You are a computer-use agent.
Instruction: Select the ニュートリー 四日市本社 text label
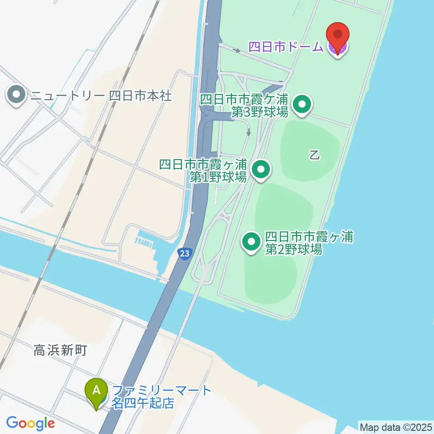tap(101, 96)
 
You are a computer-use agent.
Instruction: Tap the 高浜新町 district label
tap(60, 350)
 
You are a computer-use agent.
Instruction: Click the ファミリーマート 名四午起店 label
tap(161, 396)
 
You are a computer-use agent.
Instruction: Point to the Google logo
tap(30, 423)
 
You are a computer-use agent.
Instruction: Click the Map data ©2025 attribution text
tap(396, 427)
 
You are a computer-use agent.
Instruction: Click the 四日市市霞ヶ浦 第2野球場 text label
tap(309, 242)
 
